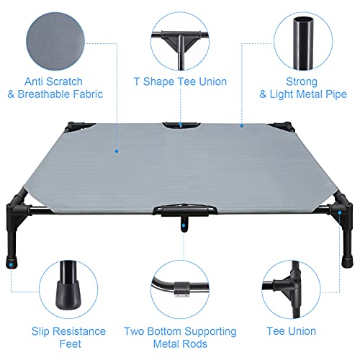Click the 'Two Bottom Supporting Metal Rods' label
coord(181,338)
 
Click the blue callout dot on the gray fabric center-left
coord(117,152)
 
